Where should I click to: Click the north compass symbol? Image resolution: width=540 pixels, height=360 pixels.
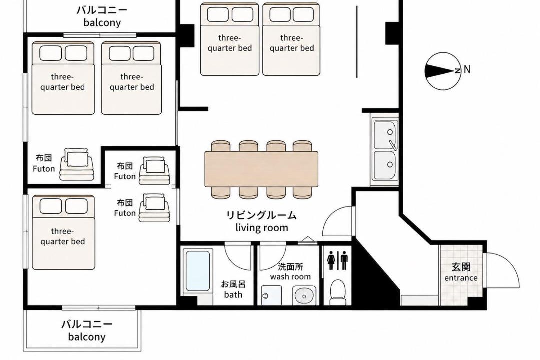point(443,71)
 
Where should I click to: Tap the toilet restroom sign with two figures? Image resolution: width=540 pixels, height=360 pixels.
point(338,260)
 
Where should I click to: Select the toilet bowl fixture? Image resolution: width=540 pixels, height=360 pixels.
point(338,292)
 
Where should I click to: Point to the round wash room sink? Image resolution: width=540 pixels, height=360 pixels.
point(304,295)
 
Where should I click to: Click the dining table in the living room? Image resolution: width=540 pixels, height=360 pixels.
point(261,169)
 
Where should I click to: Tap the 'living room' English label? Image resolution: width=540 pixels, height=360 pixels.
point(261,227)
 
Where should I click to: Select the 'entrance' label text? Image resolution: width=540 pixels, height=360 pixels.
point(461,278)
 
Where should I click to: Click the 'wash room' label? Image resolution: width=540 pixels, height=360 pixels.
point(290,276)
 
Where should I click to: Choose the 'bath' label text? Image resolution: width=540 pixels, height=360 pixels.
point(233,294)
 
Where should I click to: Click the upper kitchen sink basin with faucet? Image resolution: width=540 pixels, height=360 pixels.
point(385,135)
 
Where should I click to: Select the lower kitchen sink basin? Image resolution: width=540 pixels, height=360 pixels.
point(385,165)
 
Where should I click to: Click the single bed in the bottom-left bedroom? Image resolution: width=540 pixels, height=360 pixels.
point(63,232)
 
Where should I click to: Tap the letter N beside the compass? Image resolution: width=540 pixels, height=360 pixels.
point(467,69)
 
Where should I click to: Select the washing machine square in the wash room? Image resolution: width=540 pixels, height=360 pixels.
point(271,295)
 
